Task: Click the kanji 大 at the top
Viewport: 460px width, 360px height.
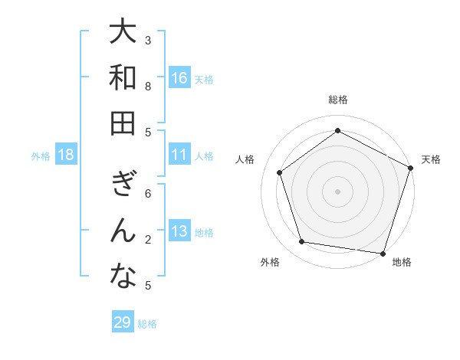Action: click(123, 33)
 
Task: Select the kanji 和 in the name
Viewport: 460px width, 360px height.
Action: click(123, 78)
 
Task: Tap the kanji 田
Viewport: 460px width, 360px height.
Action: click(123, 123)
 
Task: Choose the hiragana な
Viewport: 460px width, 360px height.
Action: click(123, 277)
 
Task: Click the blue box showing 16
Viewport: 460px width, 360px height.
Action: click(179, 78)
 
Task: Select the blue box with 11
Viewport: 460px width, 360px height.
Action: click(179, 155)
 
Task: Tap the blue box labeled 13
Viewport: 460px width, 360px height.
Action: click(179, 231)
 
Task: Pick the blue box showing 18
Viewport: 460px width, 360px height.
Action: click(66, 155)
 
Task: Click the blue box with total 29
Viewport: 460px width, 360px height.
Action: click(123, 322)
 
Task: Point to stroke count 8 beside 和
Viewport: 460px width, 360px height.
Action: click(149, 87)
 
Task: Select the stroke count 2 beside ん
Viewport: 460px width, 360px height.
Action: click(149, 240)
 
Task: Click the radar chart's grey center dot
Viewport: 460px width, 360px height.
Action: click(337, 191)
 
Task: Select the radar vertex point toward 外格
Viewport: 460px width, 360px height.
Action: click(302, 242)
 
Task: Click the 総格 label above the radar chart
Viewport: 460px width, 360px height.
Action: click(337, 100)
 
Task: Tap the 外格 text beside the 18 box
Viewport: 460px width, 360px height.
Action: click(41, 155)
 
